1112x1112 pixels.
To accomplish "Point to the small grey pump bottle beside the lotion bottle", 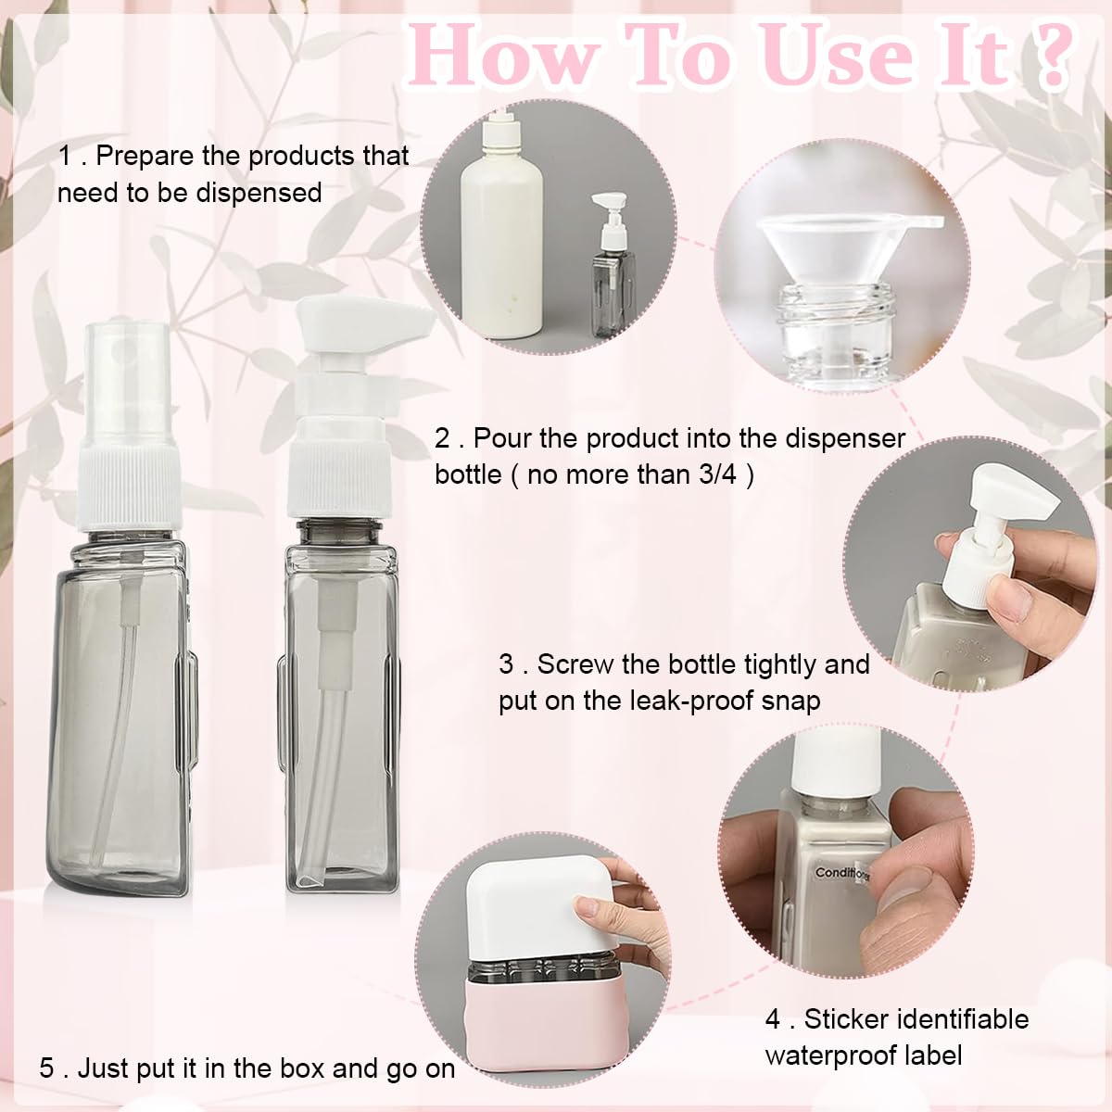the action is click(613, 265).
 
